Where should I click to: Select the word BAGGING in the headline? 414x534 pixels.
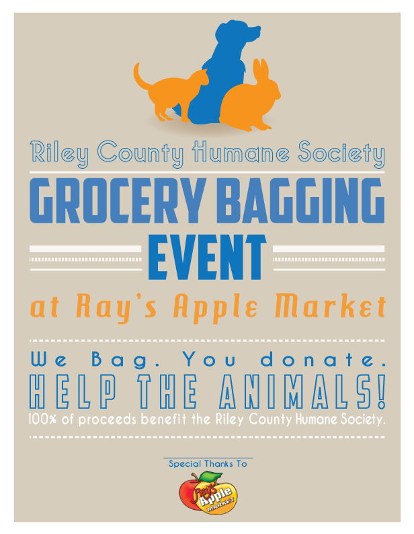tap(295, 202)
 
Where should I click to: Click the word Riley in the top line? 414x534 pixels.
tap(61, 153)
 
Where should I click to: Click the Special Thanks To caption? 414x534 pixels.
tap(208, 464)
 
